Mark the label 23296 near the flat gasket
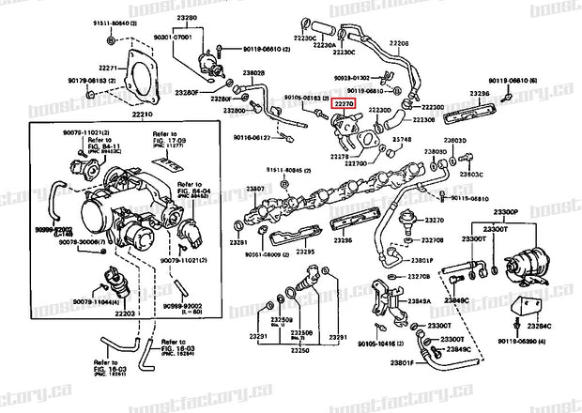(x=480, y=94)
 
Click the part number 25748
(x=403, y=140)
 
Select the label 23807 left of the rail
(x=256, y=189)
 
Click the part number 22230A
(x=350, y=44)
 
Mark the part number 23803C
(x=470, y=174)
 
